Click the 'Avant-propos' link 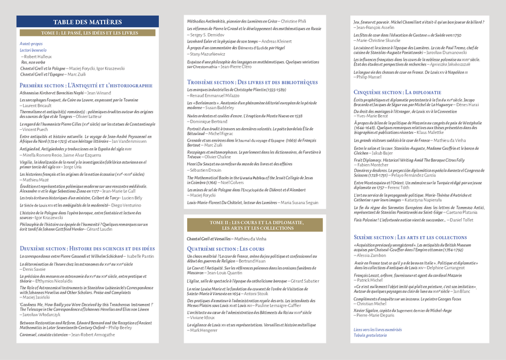pyautogui.click(x=31, y=44)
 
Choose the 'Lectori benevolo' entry pyautogui.click(x=33, y=51)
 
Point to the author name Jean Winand pyautogui.click(x=99, y=93)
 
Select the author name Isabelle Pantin pyautogui.click(x=141, y=256)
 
